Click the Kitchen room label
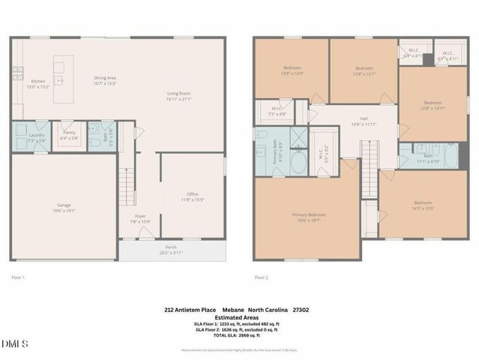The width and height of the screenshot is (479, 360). click(x=37, y=83)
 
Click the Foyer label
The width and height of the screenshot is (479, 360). click(x=141, y=218)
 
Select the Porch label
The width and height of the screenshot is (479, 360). click(x=172, y=250)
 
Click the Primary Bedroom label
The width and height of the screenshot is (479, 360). click(x=309, y=217)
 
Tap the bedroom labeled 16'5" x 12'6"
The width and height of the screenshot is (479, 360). click(x=423, y=205)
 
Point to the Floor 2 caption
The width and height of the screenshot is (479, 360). click(x=260, y=277)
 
